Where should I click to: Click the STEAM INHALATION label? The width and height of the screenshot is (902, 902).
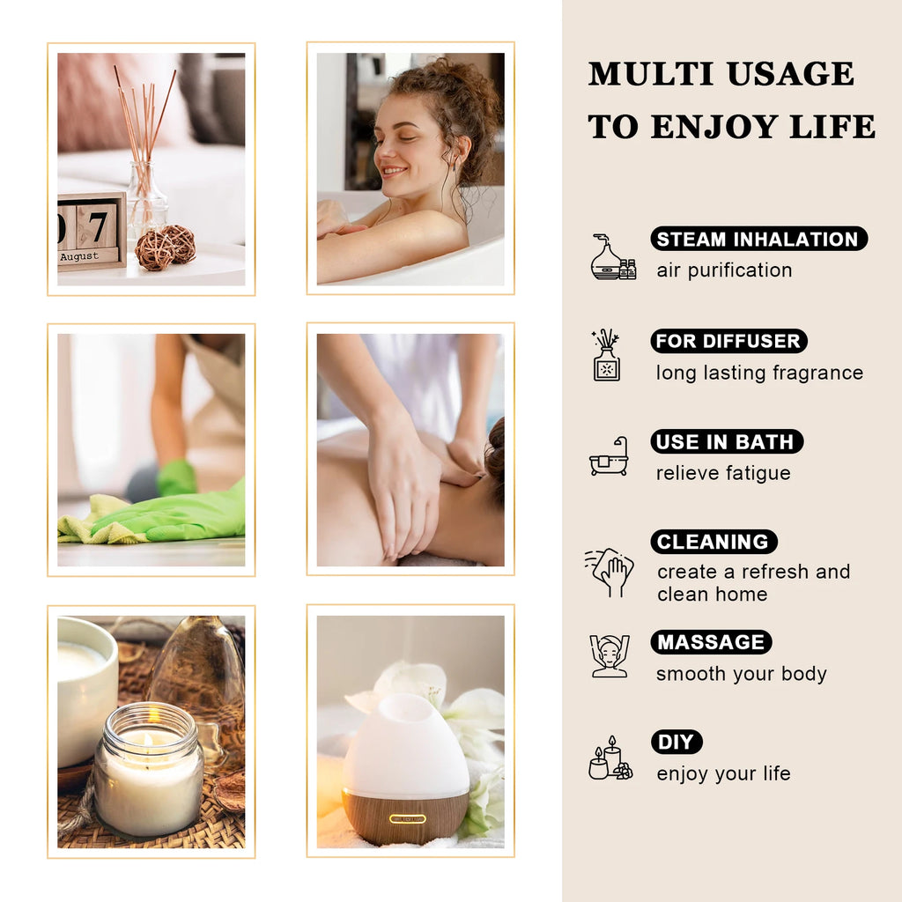758,239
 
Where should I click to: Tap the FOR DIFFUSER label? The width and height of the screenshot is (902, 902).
728,341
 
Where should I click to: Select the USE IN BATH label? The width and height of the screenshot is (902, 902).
727,441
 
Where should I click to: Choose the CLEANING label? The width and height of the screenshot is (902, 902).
713,542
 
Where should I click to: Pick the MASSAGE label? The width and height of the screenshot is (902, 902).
711,642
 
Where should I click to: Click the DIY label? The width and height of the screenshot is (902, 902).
676,742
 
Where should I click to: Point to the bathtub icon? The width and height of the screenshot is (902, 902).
609,456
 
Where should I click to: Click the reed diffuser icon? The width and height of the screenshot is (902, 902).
606,355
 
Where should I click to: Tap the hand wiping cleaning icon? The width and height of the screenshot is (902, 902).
610,571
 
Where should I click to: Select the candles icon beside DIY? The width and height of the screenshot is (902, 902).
610,758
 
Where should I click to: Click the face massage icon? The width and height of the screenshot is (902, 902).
610,656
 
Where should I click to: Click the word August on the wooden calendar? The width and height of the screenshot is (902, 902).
79,257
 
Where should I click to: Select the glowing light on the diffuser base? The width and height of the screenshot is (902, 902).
407,818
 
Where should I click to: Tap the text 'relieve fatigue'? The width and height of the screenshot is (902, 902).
723,473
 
